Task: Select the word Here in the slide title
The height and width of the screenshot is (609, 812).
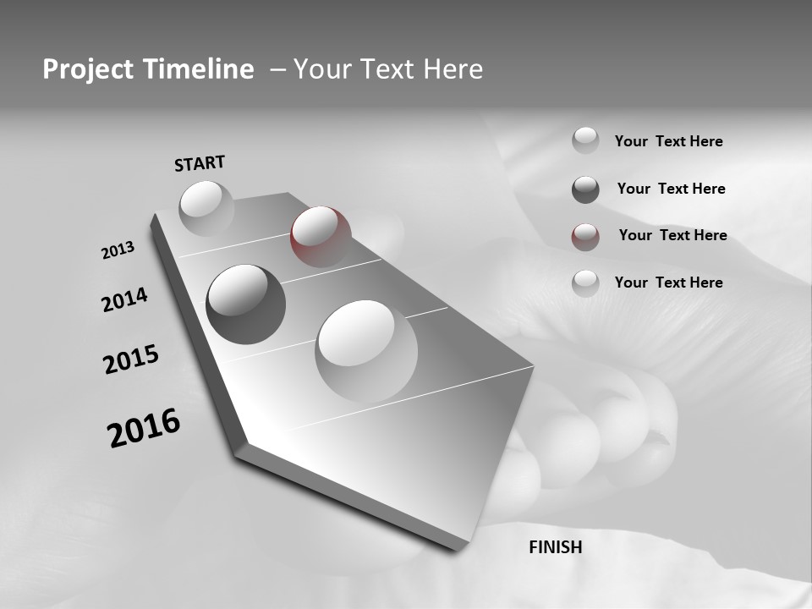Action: (452, 69)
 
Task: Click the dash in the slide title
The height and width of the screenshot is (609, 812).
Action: (277, 69)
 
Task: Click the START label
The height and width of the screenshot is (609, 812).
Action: (200, 163)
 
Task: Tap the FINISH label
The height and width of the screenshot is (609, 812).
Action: (555, 547)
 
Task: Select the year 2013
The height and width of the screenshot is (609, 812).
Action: (118, 250)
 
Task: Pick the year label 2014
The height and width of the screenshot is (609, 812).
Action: (124, 300)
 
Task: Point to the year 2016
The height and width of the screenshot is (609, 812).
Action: (144, 428)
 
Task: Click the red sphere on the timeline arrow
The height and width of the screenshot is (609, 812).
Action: (320, 236)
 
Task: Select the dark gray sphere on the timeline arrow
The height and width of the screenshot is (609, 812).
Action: (245, 304)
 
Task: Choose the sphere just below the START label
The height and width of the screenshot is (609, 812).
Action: (206, 208)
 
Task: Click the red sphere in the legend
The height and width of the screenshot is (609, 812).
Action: (585, 237)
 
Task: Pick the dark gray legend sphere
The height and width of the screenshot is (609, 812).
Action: (585, 189)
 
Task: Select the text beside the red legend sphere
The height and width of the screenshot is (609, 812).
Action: (672, 235)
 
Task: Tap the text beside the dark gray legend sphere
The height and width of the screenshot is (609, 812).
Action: (671, 189)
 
